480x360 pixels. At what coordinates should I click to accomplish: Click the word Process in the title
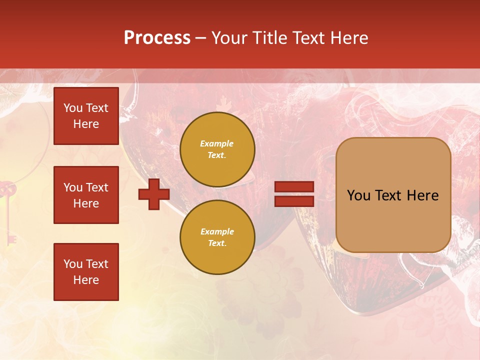[x=157, y=38]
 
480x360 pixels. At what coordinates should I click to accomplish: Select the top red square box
[x=86, y=116]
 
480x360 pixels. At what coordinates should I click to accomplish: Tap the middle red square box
[x=86, y=195]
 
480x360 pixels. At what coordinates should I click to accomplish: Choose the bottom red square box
[x=86, y=272]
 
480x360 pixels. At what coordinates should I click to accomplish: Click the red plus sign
[x=154, y=194]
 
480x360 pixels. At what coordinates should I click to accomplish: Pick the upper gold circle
[x=217, y=149]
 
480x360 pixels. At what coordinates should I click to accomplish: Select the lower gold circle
[x=217, y=237]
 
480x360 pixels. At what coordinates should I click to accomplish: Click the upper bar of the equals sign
[x=294, y=187]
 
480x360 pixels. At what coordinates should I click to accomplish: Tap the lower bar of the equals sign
[x=294, y=201]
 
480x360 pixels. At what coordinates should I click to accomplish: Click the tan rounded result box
[x=393, y=195]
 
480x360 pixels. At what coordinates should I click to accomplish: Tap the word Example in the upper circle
[x=217, y=143]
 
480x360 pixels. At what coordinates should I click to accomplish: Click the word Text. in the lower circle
[x=217, y=243]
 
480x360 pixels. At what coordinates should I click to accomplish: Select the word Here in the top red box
[x=86, y=124]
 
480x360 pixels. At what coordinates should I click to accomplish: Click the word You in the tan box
[x=358, y=195]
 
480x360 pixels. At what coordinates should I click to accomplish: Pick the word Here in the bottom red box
[x=86, y=280]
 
